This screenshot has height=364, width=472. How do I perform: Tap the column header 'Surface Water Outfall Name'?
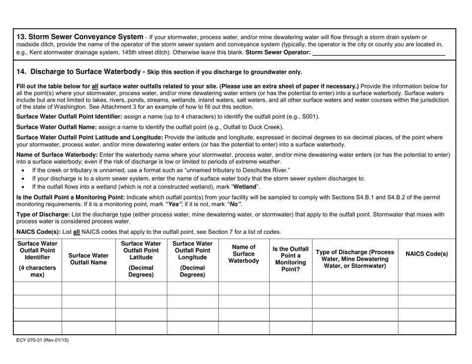click(x=88, y=258)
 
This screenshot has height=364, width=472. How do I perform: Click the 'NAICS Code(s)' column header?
click(x=427, y=254)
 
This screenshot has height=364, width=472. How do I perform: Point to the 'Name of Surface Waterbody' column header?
click(x=243, y=254)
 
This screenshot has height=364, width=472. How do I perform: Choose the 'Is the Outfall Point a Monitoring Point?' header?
click(x=290, y=259)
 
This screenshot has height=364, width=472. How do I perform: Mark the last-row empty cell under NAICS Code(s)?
click(x=427, y=328)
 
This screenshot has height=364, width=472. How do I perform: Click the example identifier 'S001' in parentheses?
click(x=308, y=117)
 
